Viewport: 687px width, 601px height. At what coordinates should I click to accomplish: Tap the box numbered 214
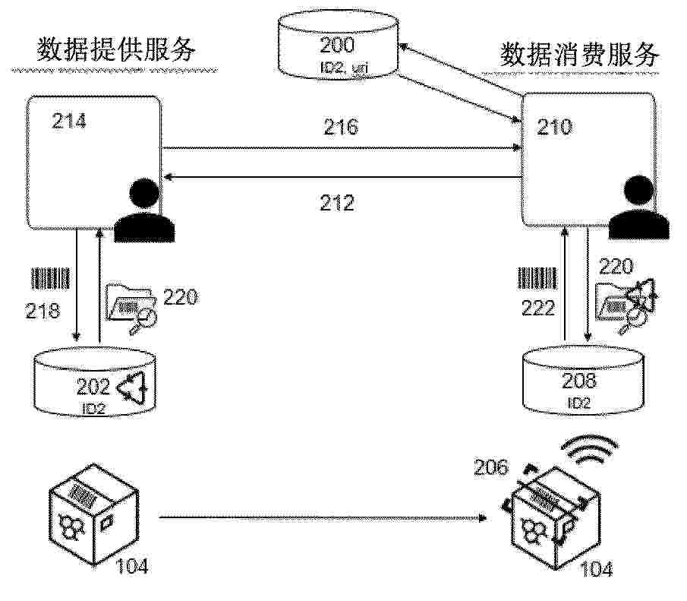(x=93, y=162)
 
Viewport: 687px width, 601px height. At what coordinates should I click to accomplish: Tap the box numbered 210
(x=587, y=160)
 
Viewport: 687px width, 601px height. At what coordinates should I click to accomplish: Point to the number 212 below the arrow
(x=337, y=203)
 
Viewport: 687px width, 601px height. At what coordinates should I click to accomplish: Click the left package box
(x=82, y=514)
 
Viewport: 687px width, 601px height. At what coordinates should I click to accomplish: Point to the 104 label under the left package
(x=132, y=565)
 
